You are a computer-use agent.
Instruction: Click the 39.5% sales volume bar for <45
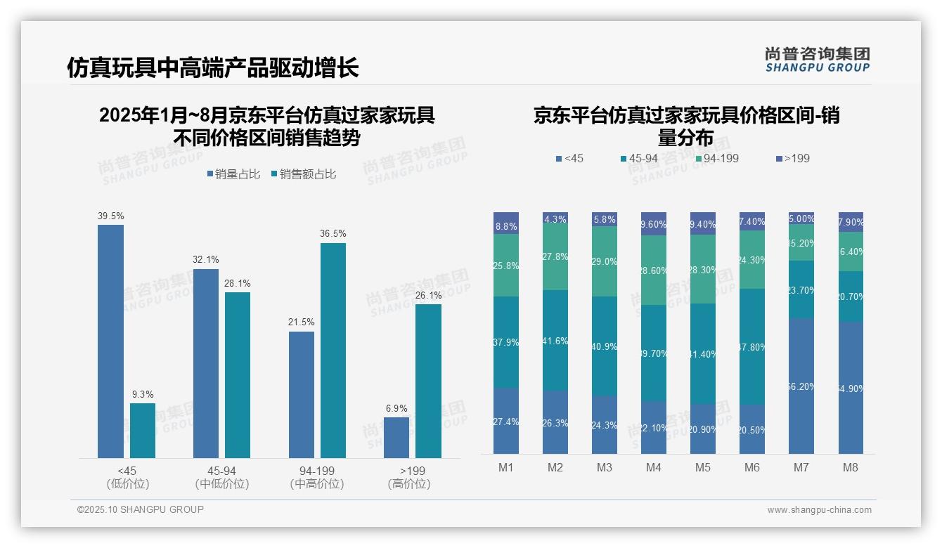pyautogui.click(x=110, y=341)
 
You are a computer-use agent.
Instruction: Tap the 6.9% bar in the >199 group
pyautogui.click(x=396, y=437)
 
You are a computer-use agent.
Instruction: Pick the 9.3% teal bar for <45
pyautogui.click(x=143, y=430)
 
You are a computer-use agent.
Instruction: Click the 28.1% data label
pyautogui.click(x=238, y=283)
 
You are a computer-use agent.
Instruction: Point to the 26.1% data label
pyautogui.click(x=428, y=295)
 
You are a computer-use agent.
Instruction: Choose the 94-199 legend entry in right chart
pyautogui.click(x=716, y=159)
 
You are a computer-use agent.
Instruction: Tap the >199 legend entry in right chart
pyautogui.click(x=793, y=159)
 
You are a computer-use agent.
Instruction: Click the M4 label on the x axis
pyautogui.click(x=654, y=467)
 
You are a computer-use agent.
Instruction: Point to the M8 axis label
pyautogui.click(x=851, y=467)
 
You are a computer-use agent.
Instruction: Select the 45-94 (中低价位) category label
pyautogui.click(x=222, y=477)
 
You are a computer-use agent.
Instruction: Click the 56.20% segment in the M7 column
pyautogui.click(x=801, y=386)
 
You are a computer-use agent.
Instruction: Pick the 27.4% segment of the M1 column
pyautogui.click(x=506, y=421)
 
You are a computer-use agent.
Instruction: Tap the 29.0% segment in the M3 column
pyautogui.click(x=605, y=261)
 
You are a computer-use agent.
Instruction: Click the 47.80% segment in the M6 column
pyautogui.click(x=752, y=346)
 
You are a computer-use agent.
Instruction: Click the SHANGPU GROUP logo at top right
pyautogui.click(x=817, y=59)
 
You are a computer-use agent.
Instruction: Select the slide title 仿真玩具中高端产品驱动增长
pyautogui.click(x=213, y=67)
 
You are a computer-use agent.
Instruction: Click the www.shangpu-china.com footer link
pyautogui.click(x=819, y=510)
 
